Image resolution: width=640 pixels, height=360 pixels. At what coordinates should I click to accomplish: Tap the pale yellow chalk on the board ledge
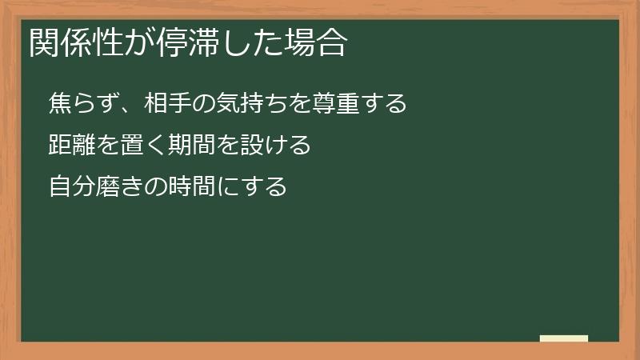pos(564,338)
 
